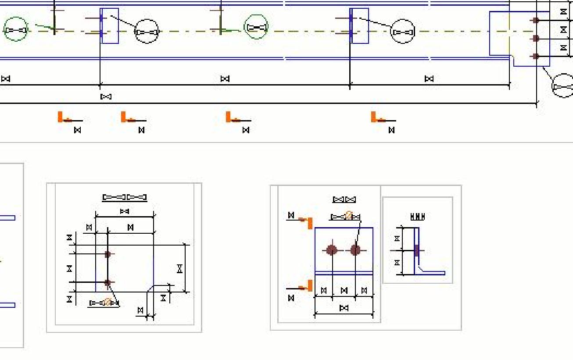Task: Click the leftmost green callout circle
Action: (16, 29)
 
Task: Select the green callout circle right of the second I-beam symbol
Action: (256, 27)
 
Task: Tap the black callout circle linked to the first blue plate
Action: (147, 32)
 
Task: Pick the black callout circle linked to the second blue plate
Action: (402, 32)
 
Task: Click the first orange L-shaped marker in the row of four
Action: (61, 117)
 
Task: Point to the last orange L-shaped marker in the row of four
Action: (375, 117)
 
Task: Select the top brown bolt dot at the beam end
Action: (536, 20)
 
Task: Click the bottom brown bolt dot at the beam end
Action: (536, 56)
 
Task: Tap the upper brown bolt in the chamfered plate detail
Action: (108, 254)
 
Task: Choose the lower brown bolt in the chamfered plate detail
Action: (108, 283)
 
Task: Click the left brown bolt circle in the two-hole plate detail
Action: (332, 250)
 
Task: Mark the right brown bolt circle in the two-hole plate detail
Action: (355, 250)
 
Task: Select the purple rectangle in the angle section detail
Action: (416, 250)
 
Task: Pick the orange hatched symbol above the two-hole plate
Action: (349, 215)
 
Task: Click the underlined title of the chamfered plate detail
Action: (125, 197)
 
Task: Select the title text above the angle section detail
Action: (417, 217)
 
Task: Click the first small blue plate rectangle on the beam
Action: (110, 26)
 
